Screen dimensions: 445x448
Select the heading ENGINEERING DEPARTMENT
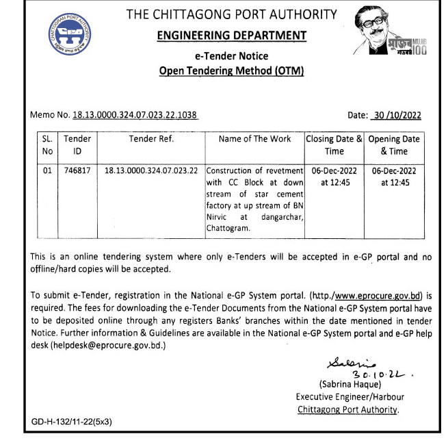(x=232, y=36)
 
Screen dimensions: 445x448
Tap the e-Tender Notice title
(x=232, y=56)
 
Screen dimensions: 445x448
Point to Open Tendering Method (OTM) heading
(x=231, y=70)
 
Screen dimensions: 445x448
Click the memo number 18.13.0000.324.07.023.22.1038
(x=136, y=115)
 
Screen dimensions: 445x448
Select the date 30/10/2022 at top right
(x=396, y=115)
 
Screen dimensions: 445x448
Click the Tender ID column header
(x=77, y=145)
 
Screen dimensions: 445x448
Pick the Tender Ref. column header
(x=152, y=139)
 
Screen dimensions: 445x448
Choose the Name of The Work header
(x=254, y=139)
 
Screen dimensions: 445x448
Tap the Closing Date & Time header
(x=334, y=145)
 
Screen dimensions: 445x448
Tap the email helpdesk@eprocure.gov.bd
(x=108, y=346)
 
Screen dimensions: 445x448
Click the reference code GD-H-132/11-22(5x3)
(x=72, y=421)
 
